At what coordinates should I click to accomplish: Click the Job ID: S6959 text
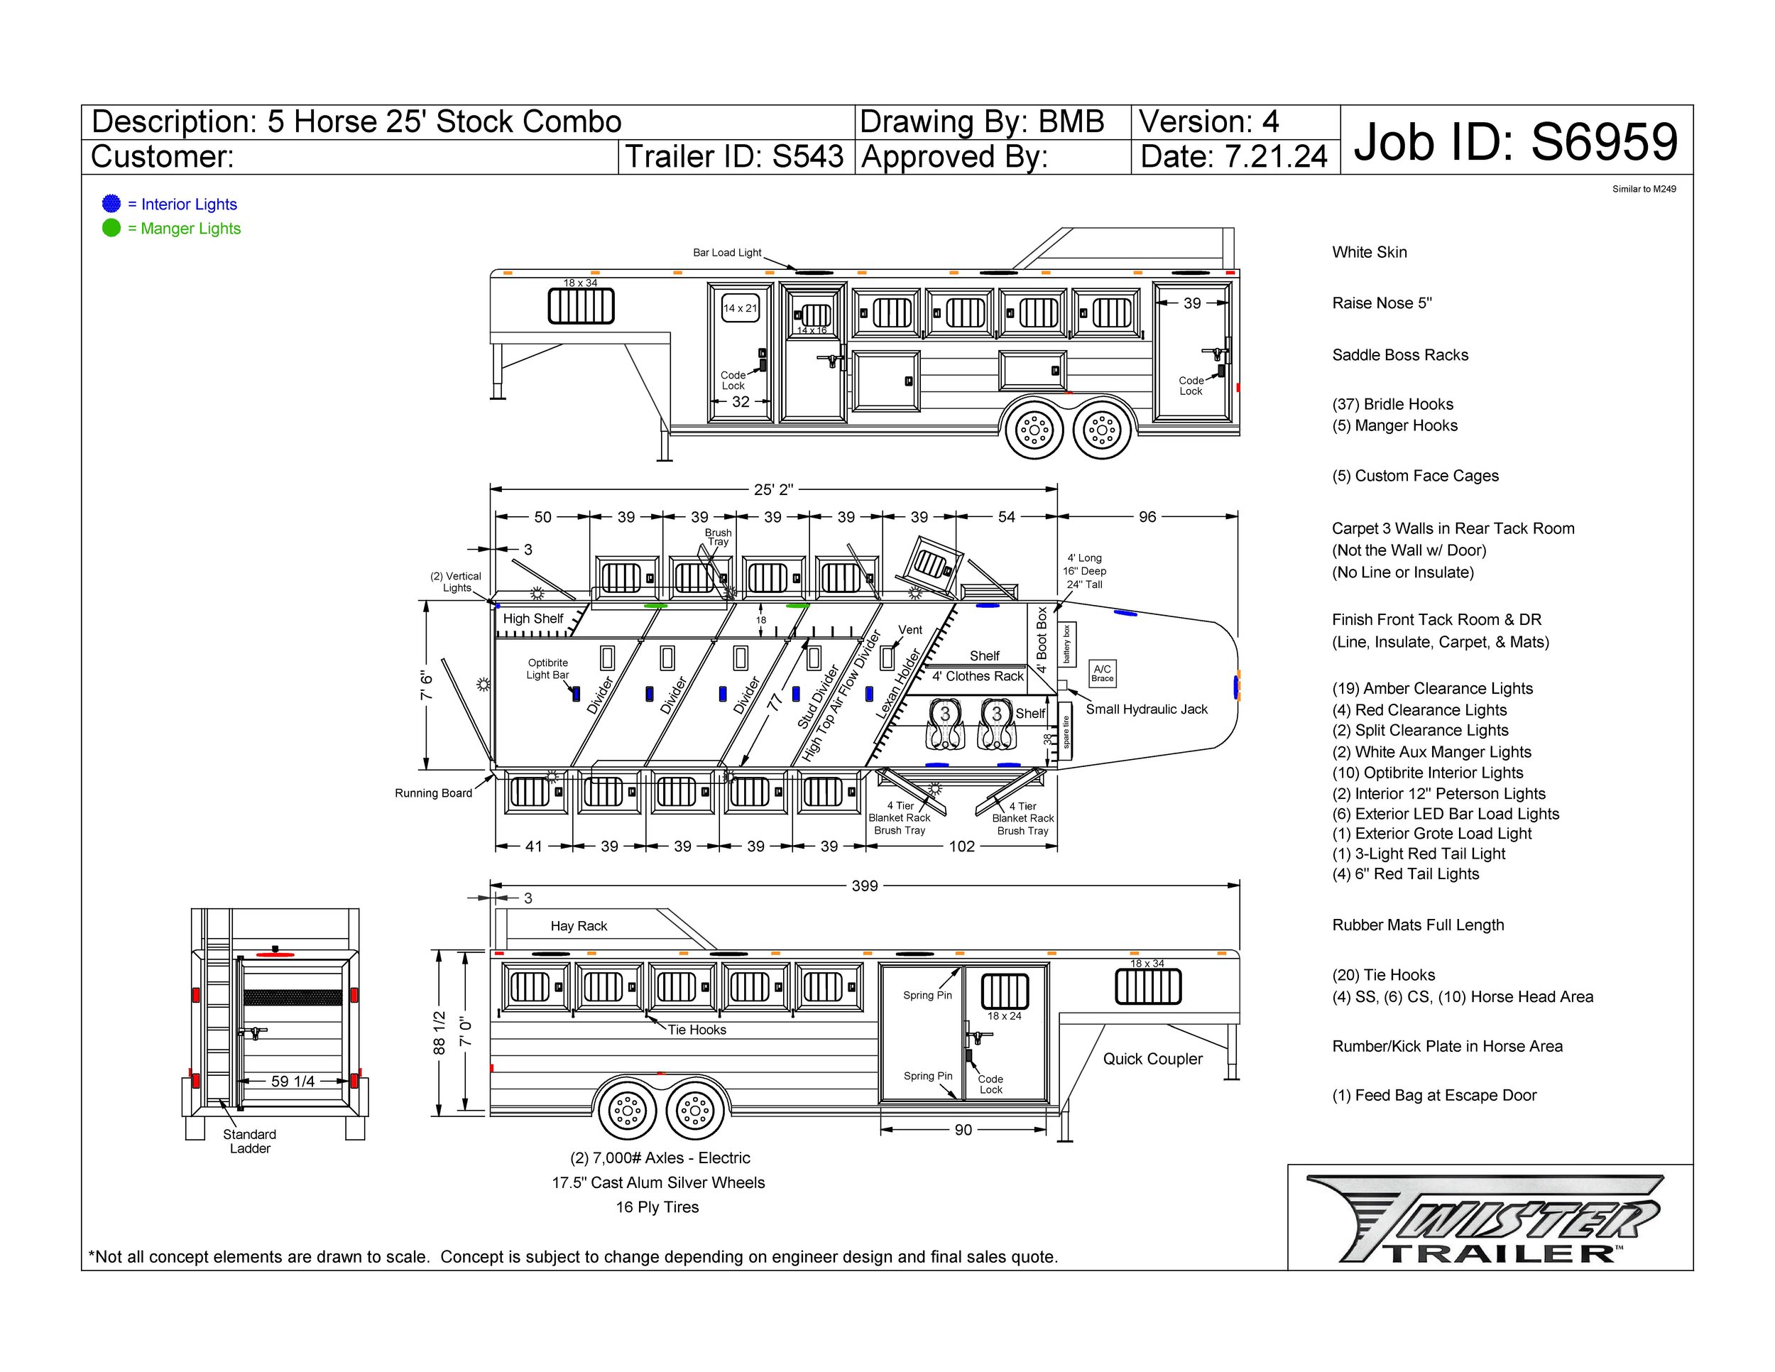tap(1515, 141)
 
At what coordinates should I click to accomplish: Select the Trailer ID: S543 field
tap(734, 156)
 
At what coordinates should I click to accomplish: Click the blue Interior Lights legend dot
tap(111, 204)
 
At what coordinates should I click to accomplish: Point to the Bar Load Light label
tap(726, 253)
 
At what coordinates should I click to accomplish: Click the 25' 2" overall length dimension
tap(773, 489)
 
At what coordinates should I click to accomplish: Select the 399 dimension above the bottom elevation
tap(864, 886)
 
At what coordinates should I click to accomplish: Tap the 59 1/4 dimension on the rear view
tap(293, 1081)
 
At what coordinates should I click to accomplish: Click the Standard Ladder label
tap(249, 1141)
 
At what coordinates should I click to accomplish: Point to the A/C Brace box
tap(1102, 673)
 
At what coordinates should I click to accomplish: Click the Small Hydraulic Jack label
tap(1146, 709)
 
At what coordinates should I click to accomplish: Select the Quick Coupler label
tap(1152, 1059)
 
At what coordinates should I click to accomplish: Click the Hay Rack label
tap(579, 926)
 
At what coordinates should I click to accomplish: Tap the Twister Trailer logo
tap(1484, 1219)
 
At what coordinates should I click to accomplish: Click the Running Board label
tap(433, 793)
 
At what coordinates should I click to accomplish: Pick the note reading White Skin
tap(1369, 253)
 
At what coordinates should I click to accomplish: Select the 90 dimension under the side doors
tap(962, 1130)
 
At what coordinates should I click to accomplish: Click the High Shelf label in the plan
tap(532, 619)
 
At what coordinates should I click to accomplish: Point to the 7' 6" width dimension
tap(427, 685)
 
